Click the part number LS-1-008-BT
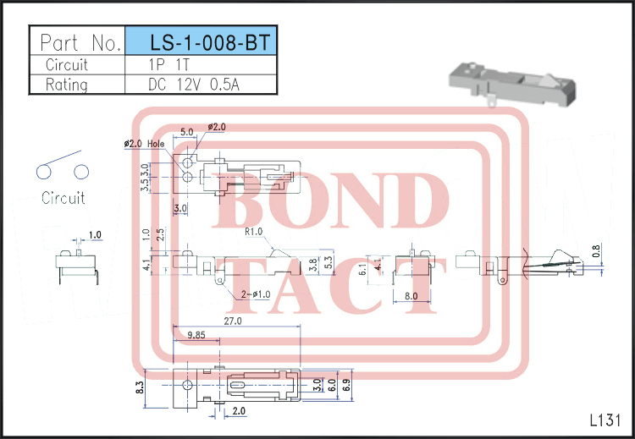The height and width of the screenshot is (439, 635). (x=201, y=41)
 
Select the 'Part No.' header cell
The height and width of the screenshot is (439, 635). (x=77, y=41)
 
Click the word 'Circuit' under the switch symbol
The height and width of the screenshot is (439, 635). (x=63, y=198)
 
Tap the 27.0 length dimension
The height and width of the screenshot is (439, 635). (x=233, y=321)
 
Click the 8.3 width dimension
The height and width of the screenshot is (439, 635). (x=141, y=388)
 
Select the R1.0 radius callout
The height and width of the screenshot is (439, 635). (x=253, y=231)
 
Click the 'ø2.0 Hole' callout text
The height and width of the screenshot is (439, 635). (x=144, y=144)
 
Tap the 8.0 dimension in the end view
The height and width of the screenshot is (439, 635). (x=411, y=296)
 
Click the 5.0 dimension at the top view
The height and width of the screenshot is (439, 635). (x=187, y=132)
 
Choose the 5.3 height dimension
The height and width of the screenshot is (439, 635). (x=328, y=264)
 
